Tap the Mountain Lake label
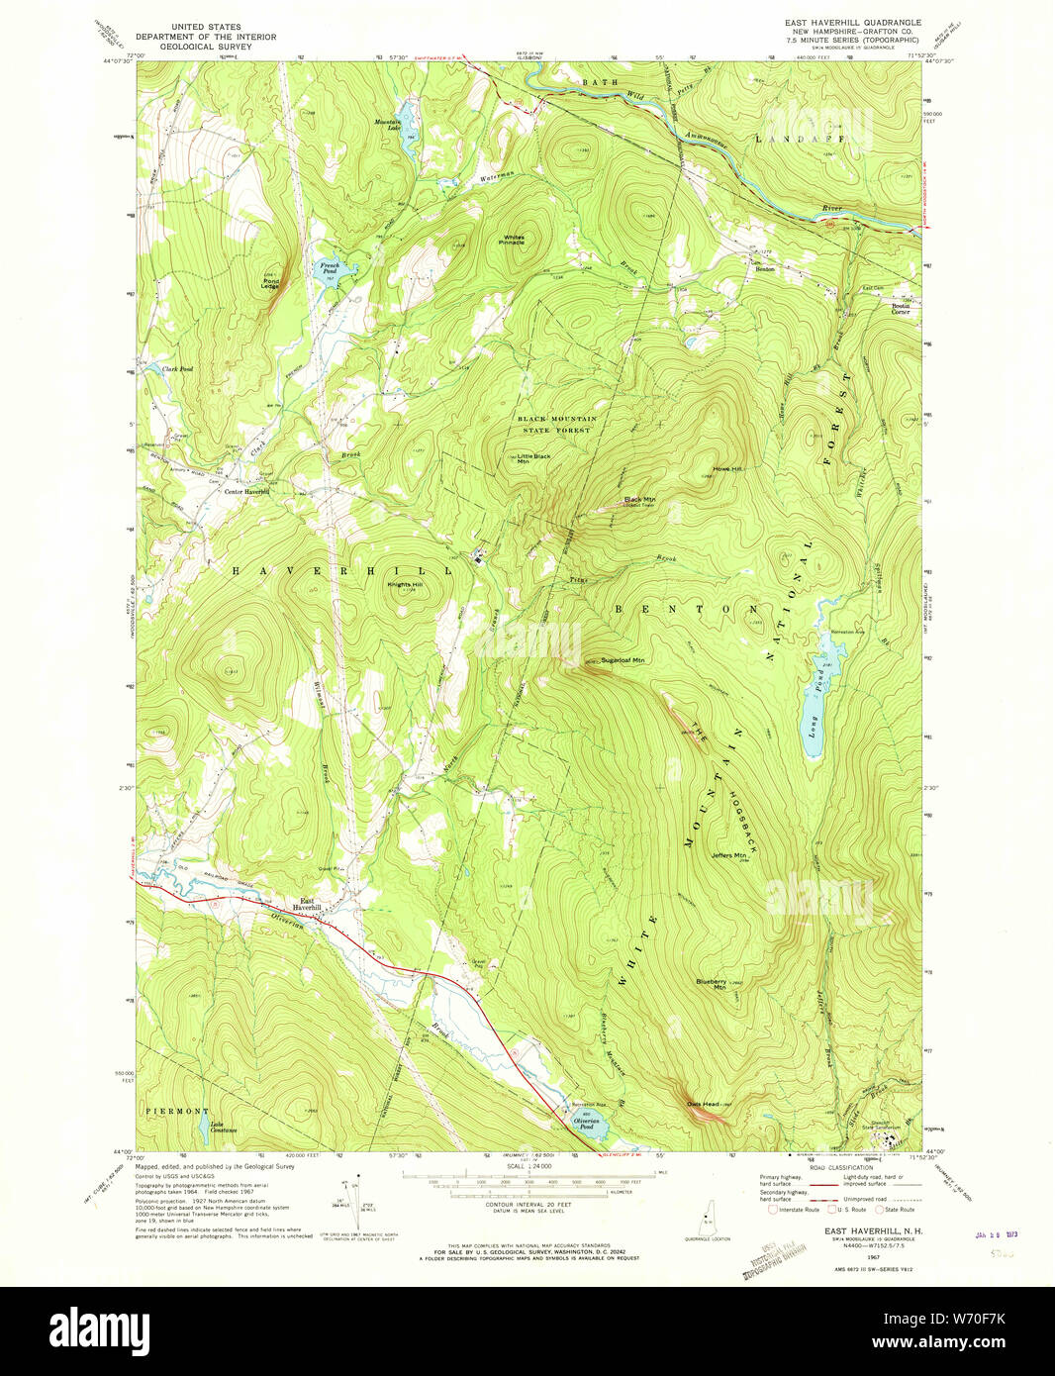pos(387,125)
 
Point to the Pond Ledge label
pos(270,283)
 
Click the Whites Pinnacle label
pos(514,240)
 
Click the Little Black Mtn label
pos(534,458)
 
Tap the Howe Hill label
pos(727,469)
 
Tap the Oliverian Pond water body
pos(585,1125)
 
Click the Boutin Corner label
pos(900,309)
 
